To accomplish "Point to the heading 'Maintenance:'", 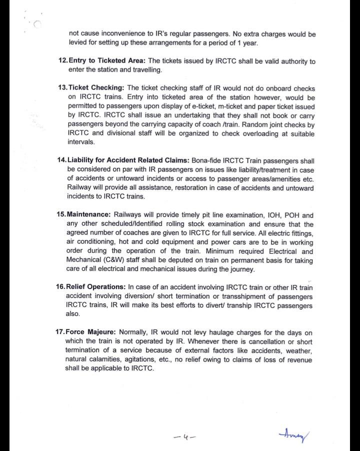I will (x=89, y=215).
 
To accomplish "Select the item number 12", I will (x=62, y=61).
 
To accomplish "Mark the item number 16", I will (x=62, y=287).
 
